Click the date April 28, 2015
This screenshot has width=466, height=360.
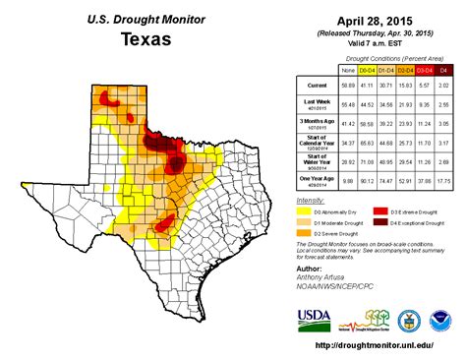[x=375, y=19]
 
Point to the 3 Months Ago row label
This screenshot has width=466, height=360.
[x=310, y=122]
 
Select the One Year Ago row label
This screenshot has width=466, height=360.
[x=310, y=177]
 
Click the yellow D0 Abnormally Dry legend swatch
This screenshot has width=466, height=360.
[x=307, y=210]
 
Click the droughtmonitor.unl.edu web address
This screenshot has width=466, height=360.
[x=377, y=346]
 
